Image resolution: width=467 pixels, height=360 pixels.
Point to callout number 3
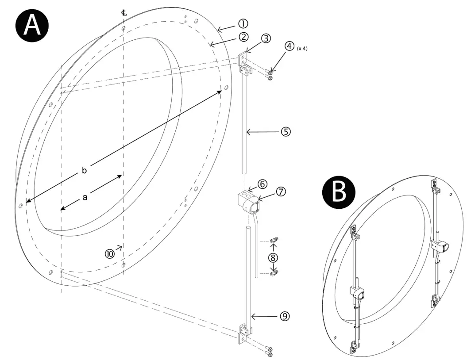pos(266,38)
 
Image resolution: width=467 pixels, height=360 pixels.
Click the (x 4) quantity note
pos(302,48)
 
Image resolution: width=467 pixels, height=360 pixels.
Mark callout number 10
pos(109,253)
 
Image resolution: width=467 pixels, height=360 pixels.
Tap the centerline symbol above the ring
pos(124,12)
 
